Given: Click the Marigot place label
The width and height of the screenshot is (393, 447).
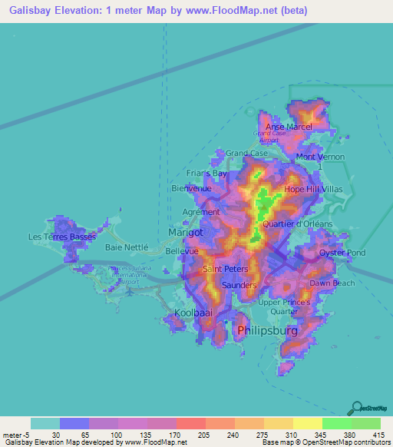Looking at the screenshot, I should pyautogui.click(x=185, y=232).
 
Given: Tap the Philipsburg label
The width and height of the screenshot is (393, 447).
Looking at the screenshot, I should pyautogui.click(x=266, y=330).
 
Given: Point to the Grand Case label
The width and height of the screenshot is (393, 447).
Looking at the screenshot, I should pyautogui.click(x=246, y=154).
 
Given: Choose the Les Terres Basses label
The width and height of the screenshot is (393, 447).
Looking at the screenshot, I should pyautogui.click(x=62, y=237).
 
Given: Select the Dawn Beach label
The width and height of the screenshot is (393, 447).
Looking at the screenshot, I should pyautogui.click(x=332, y=283).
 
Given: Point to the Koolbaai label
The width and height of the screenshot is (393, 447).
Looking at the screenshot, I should pyautogui.click(x=193, y=313).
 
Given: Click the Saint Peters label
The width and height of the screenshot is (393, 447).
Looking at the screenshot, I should pyautogui.click(x=225, y=270).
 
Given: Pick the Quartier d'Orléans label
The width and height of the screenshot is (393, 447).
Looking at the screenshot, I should pyautogui.click(x=298, y=223).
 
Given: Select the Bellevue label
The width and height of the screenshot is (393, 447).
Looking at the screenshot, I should pyautogui.click(x=182, y=251).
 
